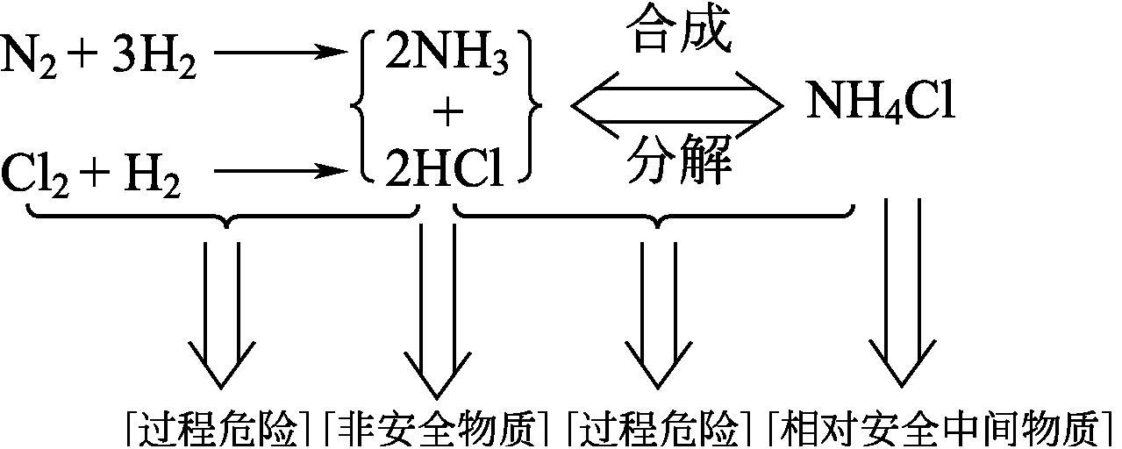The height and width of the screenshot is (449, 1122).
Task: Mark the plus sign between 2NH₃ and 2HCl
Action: click(x=447, y=112)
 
